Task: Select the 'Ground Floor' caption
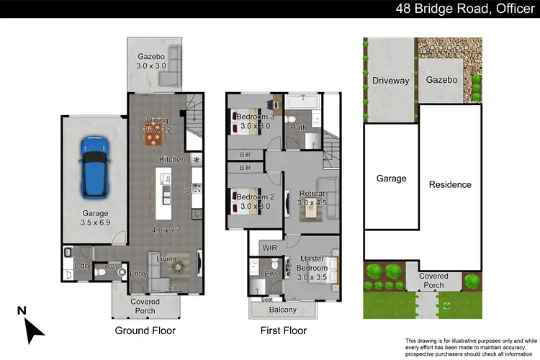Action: click(145, 331)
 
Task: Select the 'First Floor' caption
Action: click(283, 331)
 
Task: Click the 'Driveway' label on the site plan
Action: click(390, 81)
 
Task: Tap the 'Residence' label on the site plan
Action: click(450, 184)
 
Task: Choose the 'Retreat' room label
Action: click(312, 194)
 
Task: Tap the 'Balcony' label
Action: click(282, 310)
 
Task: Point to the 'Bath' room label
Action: click(299, 127)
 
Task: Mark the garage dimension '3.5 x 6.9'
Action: click(95, 223)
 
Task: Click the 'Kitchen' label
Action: click(173, 159)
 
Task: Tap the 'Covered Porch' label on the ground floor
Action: click(146, 306)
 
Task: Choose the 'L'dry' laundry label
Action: click(81, 267)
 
